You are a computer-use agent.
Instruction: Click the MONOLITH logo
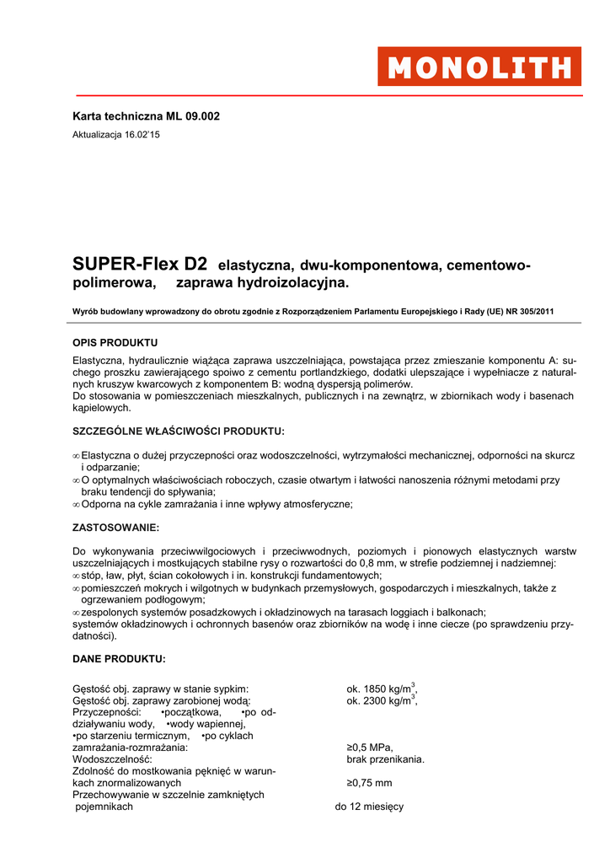coord(479,67)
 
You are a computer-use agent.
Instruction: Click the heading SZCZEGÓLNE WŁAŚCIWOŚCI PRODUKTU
coord(179,431)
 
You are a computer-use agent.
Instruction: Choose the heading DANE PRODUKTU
coord(119,658)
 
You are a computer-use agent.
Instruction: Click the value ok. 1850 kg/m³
coord(382,689)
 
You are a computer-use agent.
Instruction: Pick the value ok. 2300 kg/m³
coord(382,700)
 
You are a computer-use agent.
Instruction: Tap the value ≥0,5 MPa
coord(370,748)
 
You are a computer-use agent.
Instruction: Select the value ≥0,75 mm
coord(369,783)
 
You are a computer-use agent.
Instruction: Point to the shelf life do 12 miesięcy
coord(369,807)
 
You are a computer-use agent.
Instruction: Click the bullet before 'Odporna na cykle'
coord(76,505)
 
